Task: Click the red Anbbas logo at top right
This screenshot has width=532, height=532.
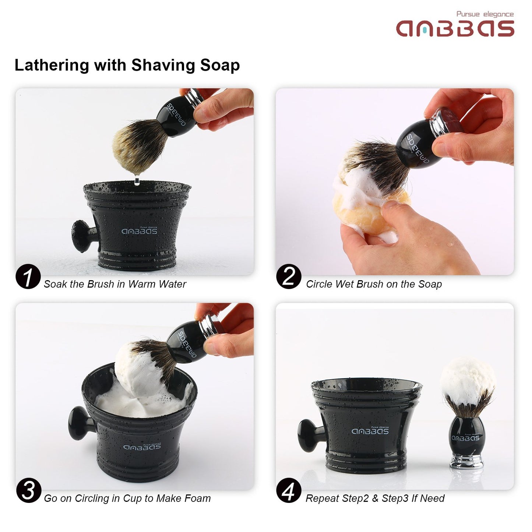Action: point(455,28)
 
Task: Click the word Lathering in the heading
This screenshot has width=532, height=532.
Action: point(52,65)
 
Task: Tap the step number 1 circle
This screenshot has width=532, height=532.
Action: point(28,276)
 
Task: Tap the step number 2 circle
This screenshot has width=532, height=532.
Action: point(289,276)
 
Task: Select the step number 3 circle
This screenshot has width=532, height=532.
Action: point(28,490)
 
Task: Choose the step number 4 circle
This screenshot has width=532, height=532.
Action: point(289,490)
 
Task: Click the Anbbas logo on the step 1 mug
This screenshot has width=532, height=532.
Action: point(139,231)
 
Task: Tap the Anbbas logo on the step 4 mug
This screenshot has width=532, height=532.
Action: point(370,431)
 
